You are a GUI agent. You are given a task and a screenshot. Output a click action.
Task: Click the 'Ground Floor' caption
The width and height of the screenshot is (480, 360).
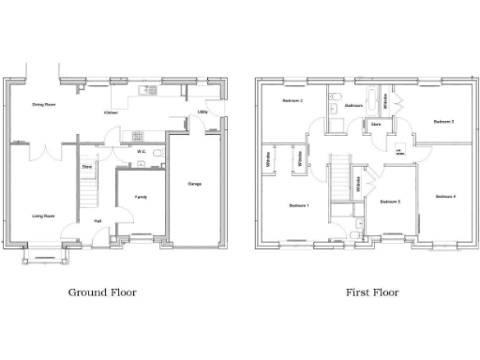pos(102,292)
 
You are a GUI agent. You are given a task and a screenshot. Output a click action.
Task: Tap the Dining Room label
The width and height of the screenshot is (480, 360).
pos(43,105)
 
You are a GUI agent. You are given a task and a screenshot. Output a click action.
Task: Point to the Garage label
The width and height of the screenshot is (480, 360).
pos(195,183)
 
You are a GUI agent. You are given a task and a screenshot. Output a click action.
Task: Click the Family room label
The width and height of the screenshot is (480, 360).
pos(140,197)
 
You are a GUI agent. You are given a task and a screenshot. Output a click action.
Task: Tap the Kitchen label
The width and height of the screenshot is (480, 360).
pos(111,112)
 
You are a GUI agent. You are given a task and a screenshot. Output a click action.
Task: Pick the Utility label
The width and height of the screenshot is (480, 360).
pos(202,112)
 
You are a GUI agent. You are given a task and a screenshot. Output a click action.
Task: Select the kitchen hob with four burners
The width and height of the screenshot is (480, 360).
pos(138,135)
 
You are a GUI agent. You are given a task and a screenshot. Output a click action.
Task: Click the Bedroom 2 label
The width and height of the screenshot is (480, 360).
pos(292,100)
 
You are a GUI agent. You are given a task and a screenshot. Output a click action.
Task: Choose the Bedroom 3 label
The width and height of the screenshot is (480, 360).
pos(443,122)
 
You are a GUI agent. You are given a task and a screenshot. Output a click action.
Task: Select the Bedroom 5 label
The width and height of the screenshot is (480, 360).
pos(390,202)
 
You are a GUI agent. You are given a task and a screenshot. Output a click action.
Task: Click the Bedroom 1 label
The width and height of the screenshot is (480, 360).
pos(298,205)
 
